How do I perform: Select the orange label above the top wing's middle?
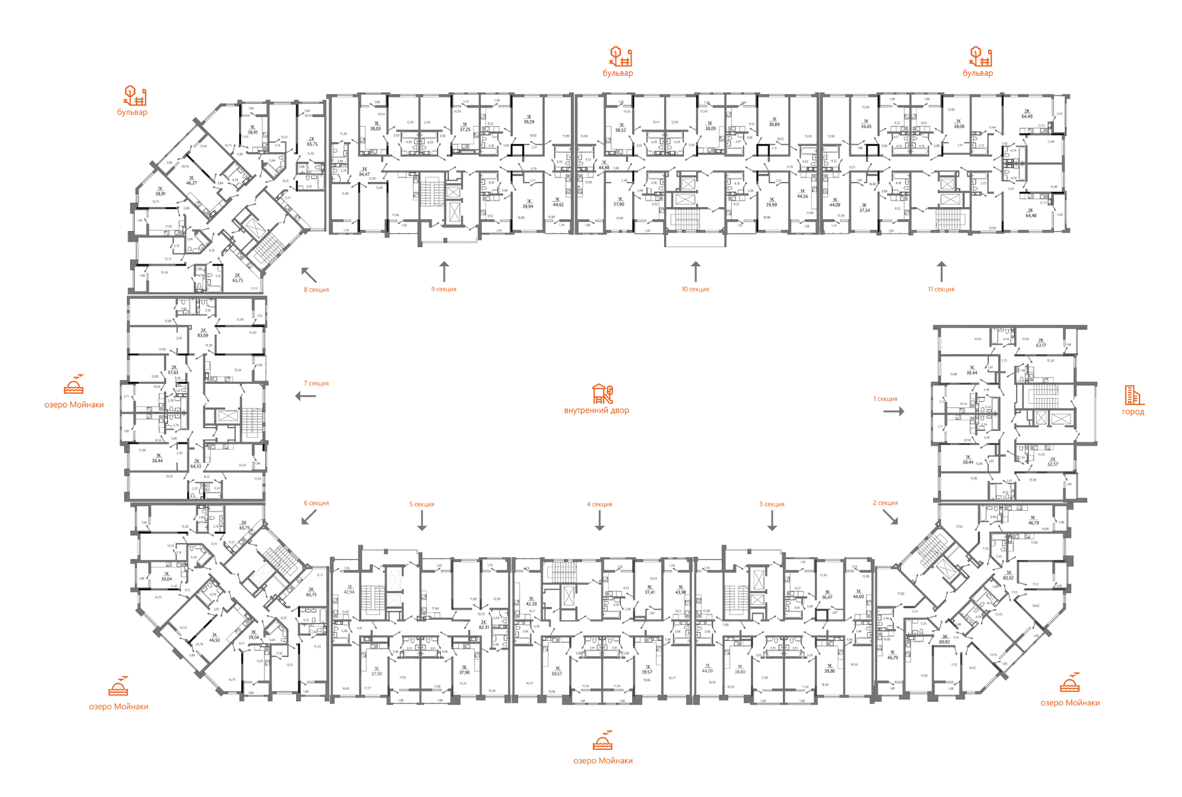(x=619, y=62)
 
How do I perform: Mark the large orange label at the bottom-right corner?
(x=1069, y=691)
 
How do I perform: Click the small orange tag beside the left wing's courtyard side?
(x=317, y=383)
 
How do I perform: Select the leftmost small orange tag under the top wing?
(x=316, y=290)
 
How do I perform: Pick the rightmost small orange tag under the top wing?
(x=941, y=290)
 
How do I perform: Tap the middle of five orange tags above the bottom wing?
(x=599, y=505)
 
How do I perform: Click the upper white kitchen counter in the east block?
(x=959, y=418)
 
